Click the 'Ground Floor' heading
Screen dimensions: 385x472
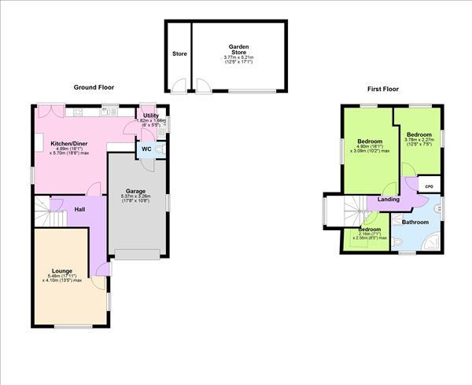pyautogui.click(x=94, y=87)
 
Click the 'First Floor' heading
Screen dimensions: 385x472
pyautogui.click(x=383, y=90)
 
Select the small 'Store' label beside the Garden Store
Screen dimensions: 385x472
pyautogui.click(x=179, y=54)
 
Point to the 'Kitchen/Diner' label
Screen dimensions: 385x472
pyautogui.click(x=68, y=144)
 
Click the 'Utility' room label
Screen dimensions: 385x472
pyautogui.click(x=150, y=116)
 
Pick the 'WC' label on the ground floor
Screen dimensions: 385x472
pyautogui.click(x=146, y=148)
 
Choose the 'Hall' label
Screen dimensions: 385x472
pyautogui.click(x=79, y=210)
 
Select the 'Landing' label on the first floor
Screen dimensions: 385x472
pyautogui.click(x=388, y=200)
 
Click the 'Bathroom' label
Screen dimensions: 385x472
pyautogui.click(x=415, y=222)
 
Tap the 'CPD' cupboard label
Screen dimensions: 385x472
pyautogui.click(x=429, y=186)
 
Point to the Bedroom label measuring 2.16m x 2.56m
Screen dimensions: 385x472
pyautogui.click(x=369, y=229)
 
